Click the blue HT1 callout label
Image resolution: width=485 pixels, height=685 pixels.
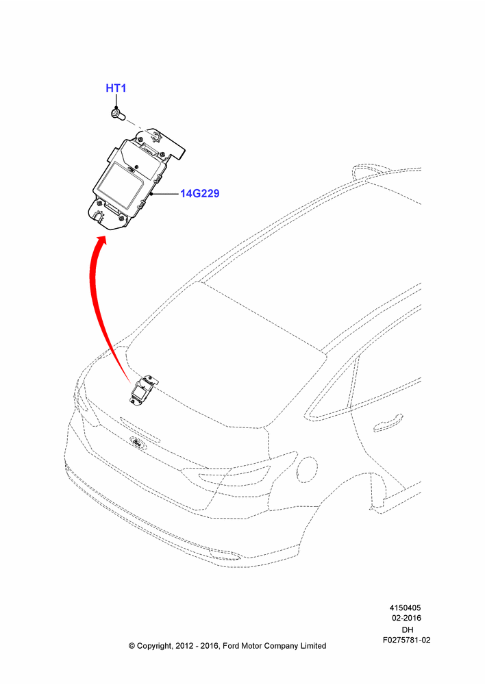[116, 88]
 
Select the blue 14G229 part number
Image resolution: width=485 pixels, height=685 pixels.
[199, 193]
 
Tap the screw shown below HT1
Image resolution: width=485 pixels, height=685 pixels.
[117, 114]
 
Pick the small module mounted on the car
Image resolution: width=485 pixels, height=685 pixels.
[143, 390]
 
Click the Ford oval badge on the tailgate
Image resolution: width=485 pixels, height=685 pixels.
[138, 443]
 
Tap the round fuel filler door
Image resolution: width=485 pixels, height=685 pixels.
[308, 470]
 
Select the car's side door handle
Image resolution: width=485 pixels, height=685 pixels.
[388, 423]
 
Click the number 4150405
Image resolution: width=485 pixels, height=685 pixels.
[405, 608]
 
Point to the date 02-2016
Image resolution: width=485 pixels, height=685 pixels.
[406, 618]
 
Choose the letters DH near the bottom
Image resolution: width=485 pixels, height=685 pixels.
[407, 630]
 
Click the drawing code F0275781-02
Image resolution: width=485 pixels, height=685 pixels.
[406, 640]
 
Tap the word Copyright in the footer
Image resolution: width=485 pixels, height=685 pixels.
[153, 646]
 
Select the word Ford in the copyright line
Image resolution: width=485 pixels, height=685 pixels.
[232, 646]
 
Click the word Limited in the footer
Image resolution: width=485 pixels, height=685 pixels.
[313, 646]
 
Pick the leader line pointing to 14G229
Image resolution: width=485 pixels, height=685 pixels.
[165, 193]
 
